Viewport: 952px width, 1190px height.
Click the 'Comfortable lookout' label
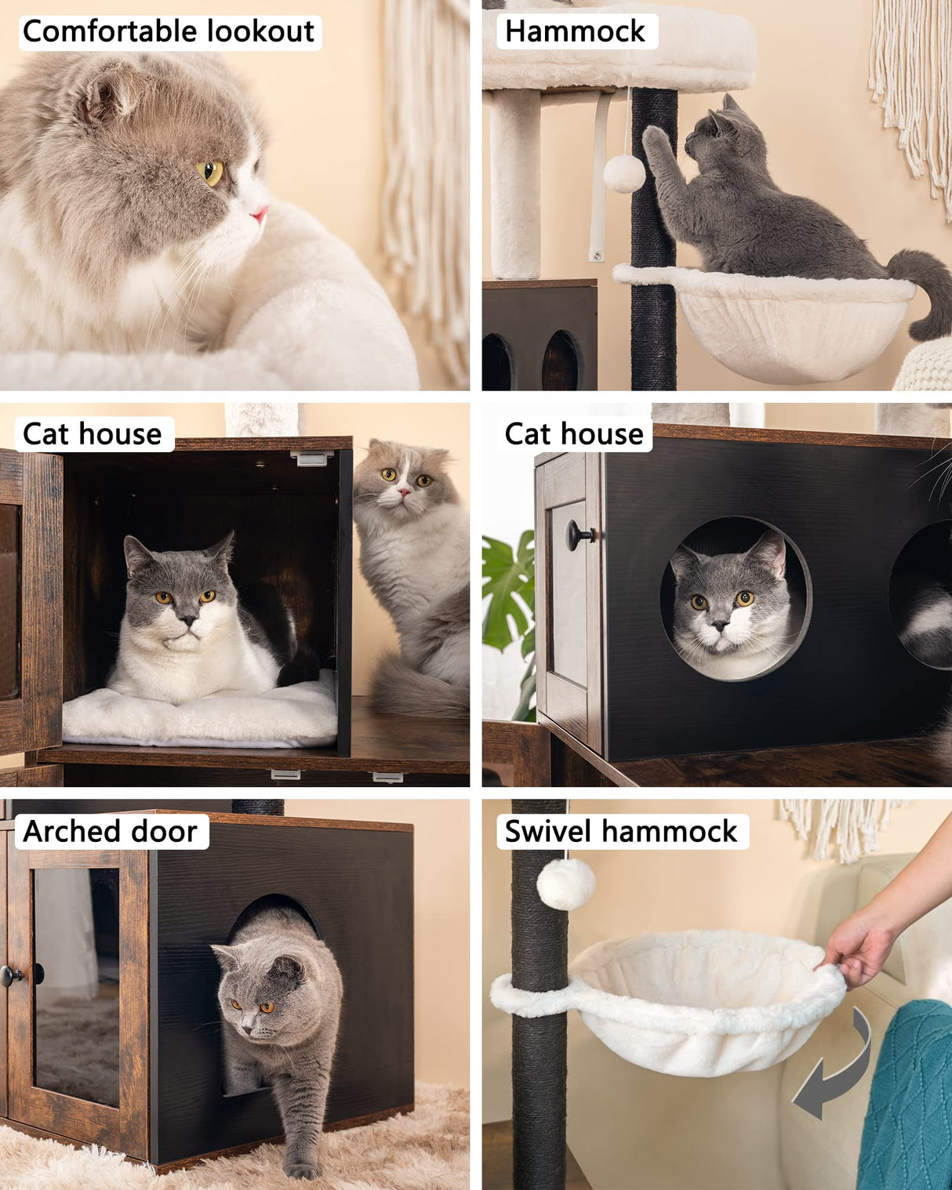coord(169,32)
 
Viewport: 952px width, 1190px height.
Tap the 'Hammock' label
coord(575,31)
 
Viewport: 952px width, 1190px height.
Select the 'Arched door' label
coord(111,831)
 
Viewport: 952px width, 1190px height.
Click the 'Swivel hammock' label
coord(621,831)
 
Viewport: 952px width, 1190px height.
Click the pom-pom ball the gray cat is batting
coord(624,173)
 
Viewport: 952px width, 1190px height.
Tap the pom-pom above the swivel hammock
coord(565,883)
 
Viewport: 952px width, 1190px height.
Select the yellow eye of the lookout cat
coord(211,172)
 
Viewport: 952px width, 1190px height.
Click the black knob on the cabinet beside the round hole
coord(580,535)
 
